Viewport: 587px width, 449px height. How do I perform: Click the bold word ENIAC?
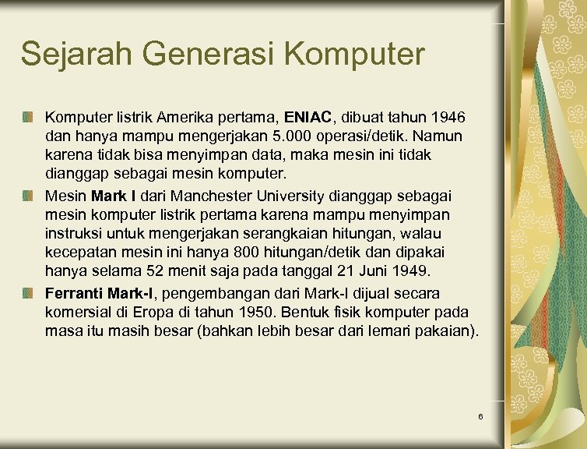click(x=308, y=118)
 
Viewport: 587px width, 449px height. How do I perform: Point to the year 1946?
click(x=446, y=118)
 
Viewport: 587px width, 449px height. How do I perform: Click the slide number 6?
click(x=480, y=417)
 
